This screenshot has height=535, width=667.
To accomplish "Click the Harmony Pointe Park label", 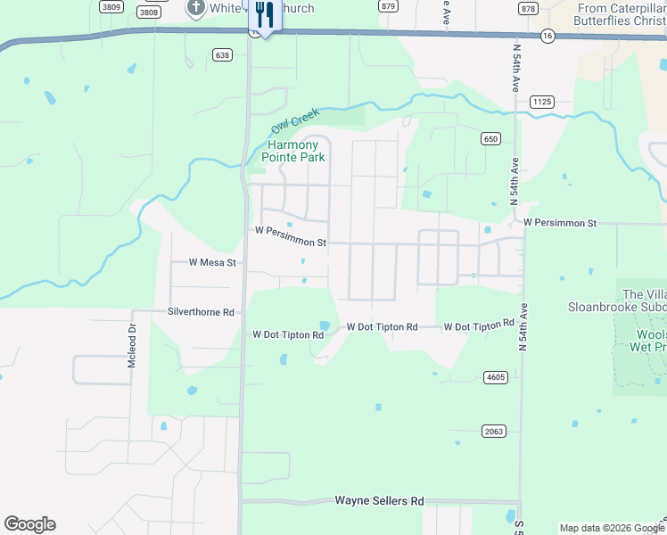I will pos(293,151).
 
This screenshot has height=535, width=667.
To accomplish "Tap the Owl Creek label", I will pos(294,122).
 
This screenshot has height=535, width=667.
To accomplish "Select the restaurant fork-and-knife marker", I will pos(263,15).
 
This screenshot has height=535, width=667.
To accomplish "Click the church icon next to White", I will pos(195,8).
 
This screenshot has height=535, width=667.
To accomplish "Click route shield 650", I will pos(490,138).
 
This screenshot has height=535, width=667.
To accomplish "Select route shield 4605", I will pos(496,377).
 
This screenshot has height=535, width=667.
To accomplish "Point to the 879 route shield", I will pos(388,5).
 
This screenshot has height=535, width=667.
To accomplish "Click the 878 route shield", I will pos(528,8).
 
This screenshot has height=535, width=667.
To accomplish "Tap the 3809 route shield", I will pos(111,7).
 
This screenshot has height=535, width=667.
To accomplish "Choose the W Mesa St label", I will pos(212,263).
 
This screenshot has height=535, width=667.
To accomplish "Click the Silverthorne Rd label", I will pos(201,313).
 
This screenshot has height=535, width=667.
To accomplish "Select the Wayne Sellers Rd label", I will pos(379,501).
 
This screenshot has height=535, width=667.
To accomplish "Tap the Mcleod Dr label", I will pos(131,345).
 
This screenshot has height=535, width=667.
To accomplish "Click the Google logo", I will pos(29,524).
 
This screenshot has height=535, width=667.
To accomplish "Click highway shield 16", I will pos(547,36).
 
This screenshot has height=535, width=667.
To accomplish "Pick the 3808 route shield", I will pos(150,12).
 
